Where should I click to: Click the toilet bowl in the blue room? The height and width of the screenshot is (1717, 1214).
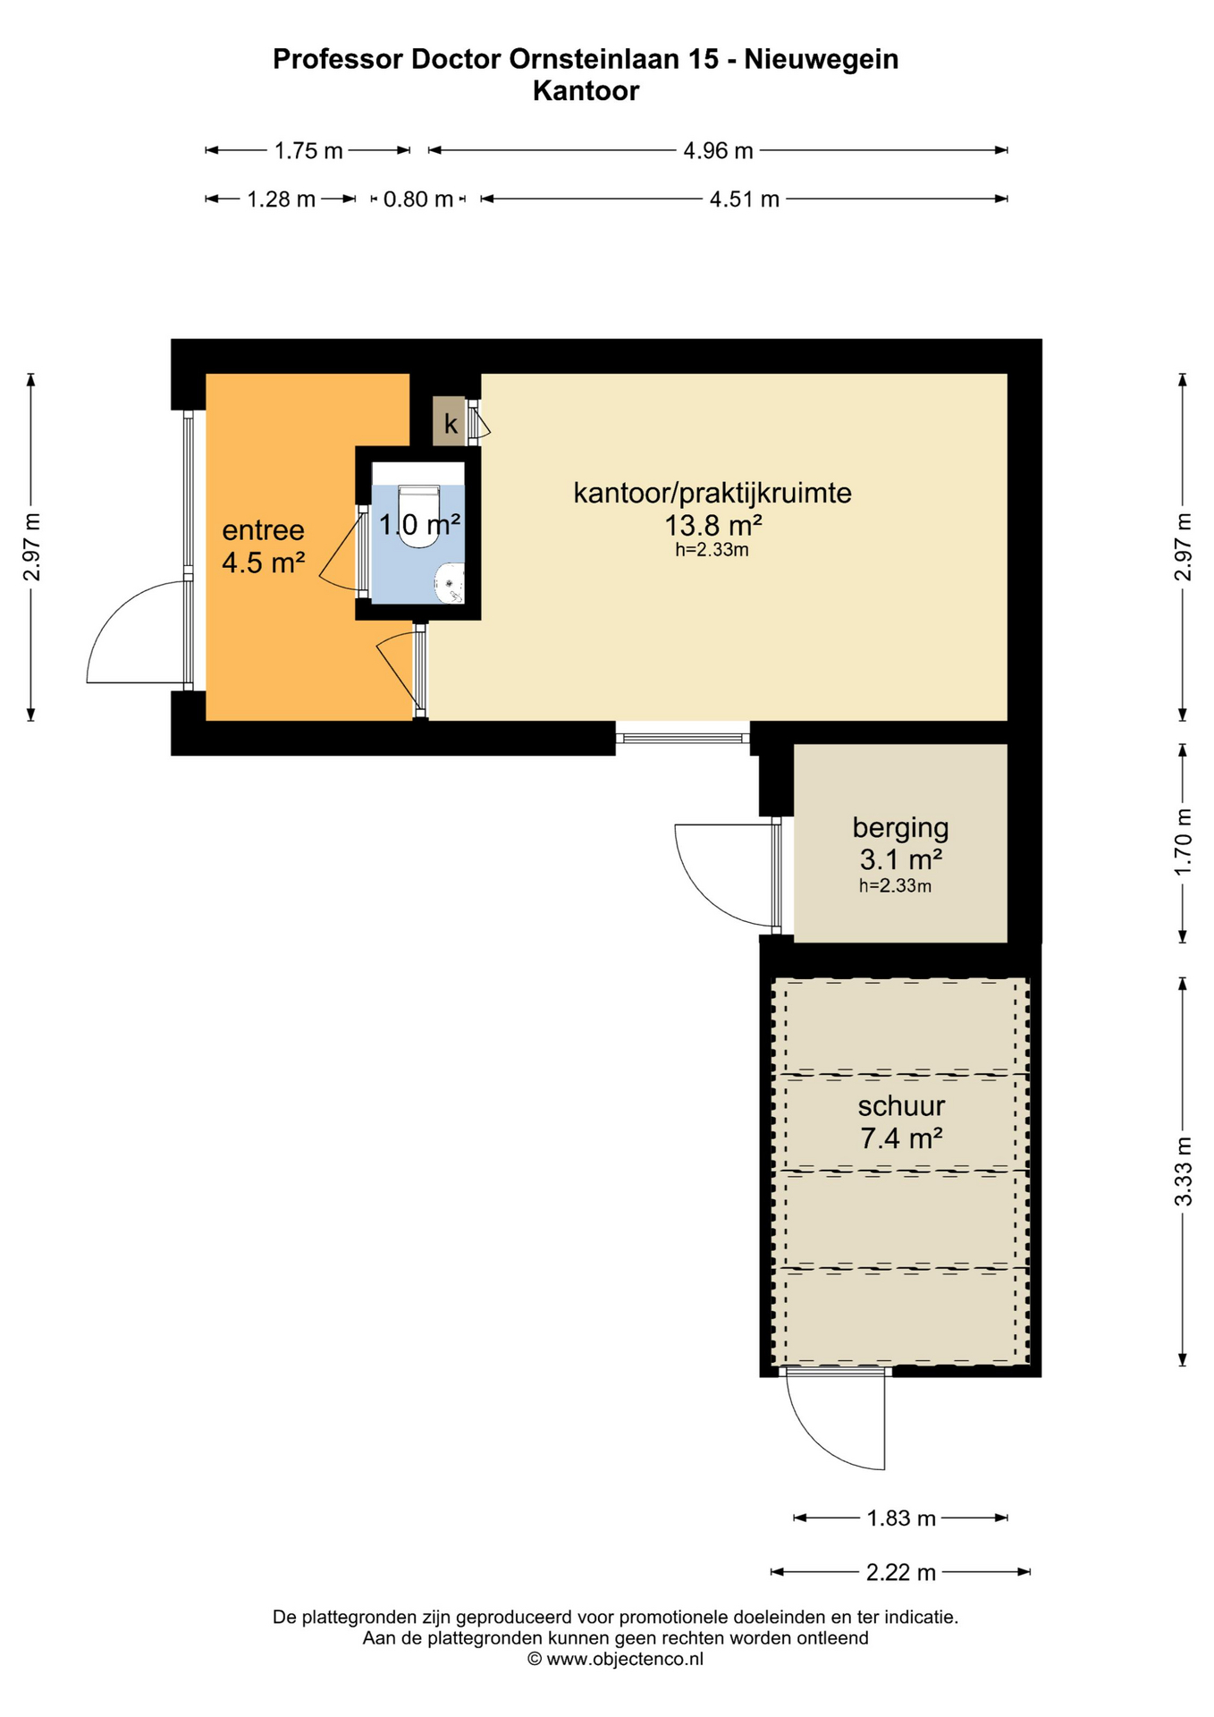tap(417, 517)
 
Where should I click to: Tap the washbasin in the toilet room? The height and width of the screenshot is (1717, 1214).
tap(451, 583)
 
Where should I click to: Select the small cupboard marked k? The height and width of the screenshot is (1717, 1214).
tap(449, 421)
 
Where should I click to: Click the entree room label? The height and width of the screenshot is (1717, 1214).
tap(263, 530)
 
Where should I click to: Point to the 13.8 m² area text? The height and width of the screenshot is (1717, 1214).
tap(712, 524)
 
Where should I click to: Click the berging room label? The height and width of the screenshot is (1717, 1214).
tap(900, 828)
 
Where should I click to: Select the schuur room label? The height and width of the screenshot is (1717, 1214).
tap(901, 1106)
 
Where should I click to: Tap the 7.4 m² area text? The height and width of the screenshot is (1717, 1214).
tap(901, 1138)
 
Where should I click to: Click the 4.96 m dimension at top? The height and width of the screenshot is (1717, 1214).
tap(718, 150)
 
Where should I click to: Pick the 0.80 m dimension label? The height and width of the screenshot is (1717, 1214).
tap(417, 199)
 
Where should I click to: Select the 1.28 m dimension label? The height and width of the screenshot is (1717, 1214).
tap(281, 199)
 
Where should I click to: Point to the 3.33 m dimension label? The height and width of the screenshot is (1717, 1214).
tap(1183, 1171)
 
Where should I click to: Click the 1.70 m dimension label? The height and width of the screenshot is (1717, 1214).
tap(1183, 842)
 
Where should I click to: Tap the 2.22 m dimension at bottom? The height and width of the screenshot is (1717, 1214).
tap(900, 1571)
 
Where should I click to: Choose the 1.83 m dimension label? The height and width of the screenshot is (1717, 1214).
tap(900, 1518)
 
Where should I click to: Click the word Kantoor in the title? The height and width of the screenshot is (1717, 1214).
tap(586, 91)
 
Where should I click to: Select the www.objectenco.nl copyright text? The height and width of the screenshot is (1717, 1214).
tap(615, 1659)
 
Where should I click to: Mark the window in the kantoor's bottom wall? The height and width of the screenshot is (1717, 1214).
tap(683, 738)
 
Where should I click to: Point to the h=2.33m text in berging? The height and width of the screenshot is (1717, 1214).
tap(895, 886)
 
